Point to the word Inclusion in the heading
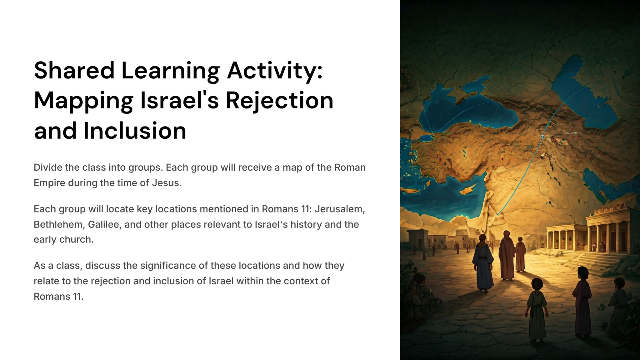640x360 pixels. [x=135, y=131]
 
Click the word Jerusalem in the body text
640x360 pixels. [x=340, y=209]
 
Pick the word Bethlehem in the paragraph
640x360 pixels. [x=59, y=224]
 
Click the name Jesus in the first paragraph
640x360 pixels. [x=167, y=183]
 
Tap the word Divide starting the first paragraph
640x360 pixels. [x=48, y=167]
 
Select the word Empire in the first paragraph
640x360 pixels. [x=49, y=183]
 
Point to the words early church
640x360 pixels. [x=64, y=240]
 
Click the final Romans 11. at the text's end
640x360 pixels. [x=58, y=296]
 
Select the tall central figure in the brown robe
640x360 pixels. [x=506, y=255]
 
